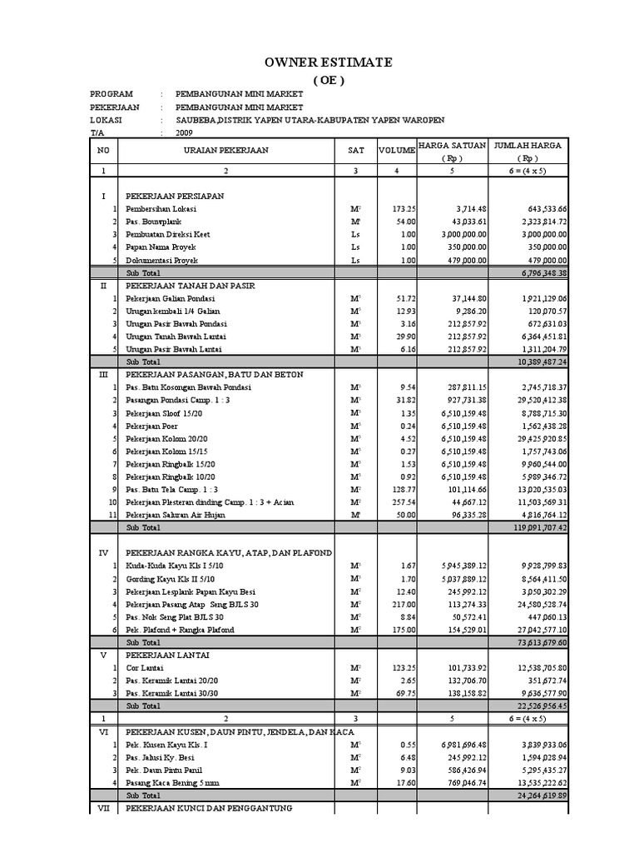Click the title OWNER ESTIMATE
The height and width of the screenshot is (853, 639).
pyautogui.click(x=328, y=62)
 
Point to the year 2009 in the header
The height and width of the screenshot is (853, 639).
pyautogui.click(x=184, y=132)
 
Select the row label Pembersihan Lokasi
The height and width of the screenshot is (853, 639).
pyautogui.click(x=161, y=208)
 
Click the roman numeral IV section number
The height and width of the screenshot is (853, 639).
pyautogui.click(x=104, y=552)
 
